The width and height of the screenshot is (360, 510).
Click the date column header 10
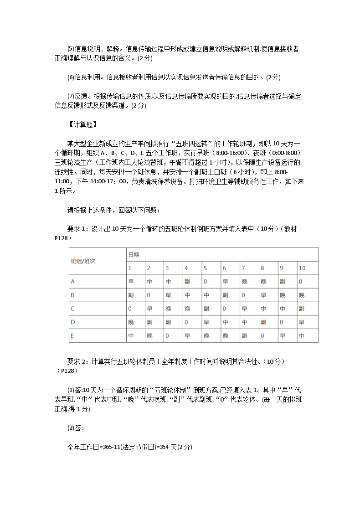point(302,268)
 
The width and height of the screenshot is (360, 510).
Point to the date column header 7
point(243,268)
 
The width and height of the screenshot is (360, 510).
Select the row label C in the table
point(72,309)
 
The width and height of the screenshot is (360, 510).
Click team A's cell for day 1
point(131,282)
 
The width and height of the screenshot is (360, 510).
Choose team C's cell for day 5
point(206,309)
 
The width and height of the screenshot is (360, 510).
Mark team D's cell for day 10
point(302,322)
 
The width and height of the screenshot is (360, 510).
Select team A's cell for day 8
point(263,282)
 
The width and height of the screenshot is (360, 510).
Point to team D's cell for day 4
point(186,322)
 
